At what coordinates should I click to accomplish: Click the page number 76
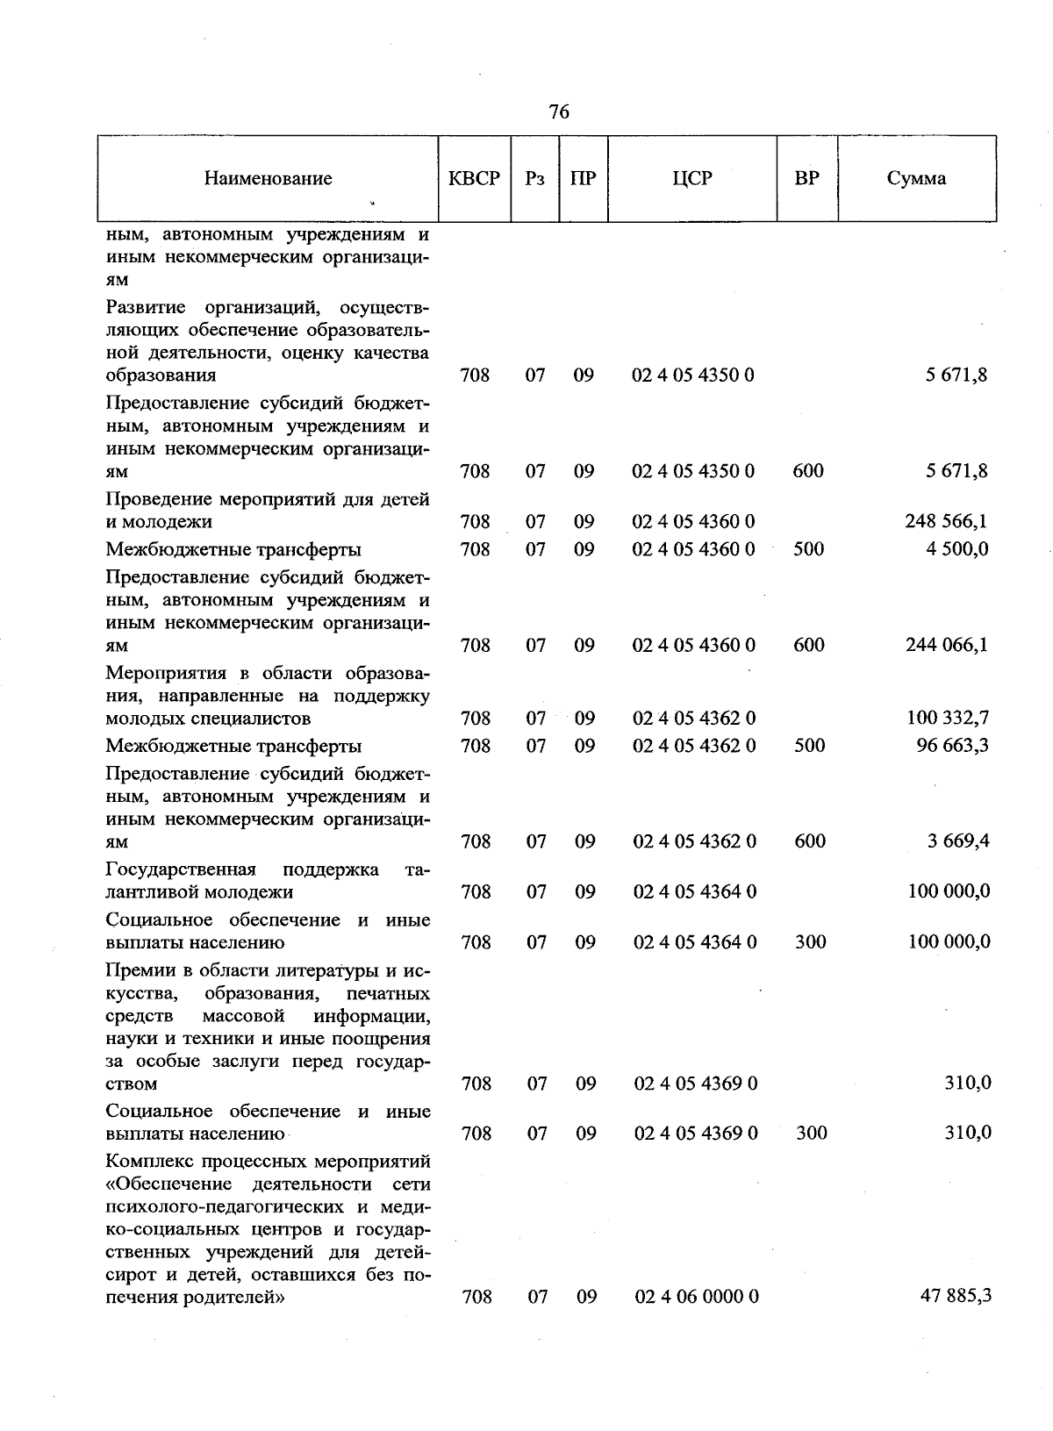[559, 111]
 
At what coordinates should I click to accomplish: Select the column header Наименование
[268, 179]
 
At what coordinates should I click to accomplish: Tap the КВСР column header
[474, 179]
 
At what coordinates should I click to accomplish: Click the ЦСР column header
[691, 179]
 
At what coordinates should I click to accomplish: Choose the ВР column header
[806, 179]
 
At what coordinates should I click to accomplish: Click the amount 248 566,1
[946, 522]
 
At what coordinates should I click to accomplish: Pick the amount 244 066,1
[946, 645]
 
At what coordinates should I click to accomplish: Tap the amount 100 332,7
[948, 719]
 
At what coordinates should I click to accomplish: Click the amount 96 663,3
[952, 746]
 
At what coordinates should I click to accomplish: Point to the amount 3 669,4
[958, 841]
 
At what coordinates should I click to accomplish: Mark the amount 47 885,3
[955, 1296]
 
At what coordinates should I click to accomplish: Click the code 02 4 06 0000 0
[696, 1297]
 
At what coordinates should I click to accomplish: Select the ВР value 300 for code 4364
[810, 942]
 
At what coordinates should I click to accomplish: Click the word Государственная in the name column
[180, 869]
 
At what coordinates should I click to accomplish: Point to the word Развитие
[145, 308]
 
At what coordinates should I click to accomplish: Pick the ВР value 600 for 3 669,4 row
[809, 841]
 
